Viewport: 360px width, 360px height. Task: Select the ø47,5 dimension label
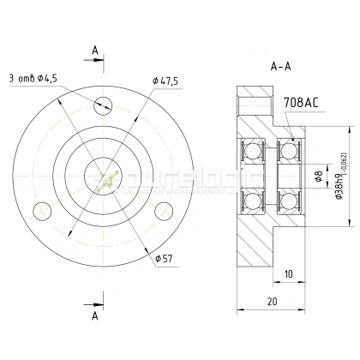(x=165, y=81)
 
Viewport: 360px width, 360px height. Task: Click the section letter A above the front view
(x=94, y=50)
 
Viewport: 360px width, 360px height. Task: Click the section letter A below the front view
(x=94, y=315)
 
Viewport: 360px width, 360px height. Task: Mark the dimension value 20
(x=270, y=302)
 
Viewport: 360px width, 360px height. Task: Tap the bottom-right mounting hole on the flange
(x=159, y=211)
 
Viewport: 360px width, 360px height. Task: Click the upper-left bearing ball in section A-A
(x=254, y=153)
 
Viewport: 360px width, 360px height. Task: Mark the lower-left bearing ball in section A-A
(x=254, y=203)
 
